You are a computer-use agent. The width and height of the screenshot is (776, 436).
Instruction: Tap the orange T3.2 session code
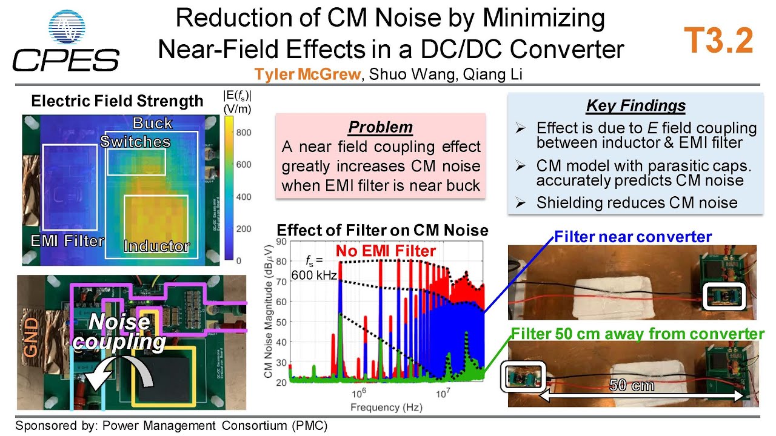click(719, 41)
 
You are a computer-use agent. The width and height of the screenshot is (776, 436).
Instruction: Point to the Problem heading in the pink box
click(380, 127)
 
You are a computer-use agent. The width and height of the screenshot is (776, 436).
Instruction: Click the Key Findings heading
click(635, 106)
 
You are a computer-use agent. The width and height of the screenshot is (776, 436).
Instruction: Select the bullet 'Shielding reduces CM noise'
click(637, 203)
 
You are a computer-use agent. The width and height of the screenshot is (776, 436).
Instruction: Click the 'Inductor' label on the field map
click(156, 246)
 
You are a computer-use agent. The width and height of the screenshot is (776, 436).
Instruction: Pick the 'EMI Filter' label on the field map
click(67, 241)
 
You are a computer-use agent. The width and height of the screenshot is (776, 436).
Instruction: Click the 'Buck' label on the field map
click(153, 124)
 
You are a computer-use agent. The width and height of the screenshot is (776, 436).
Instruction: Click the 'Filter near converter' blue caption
click(632, 237)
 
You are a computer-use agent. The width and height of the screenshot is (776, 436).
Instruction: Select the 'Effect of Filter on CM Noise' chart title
click(382, 230)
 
